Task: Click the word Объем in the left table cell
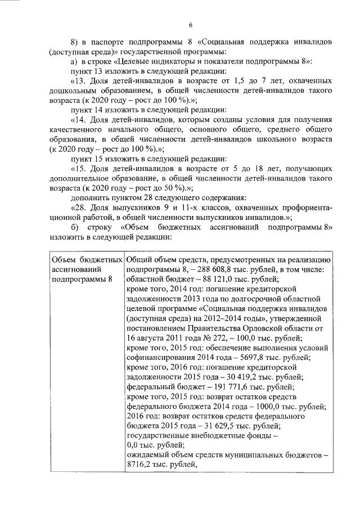point(64,259)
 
